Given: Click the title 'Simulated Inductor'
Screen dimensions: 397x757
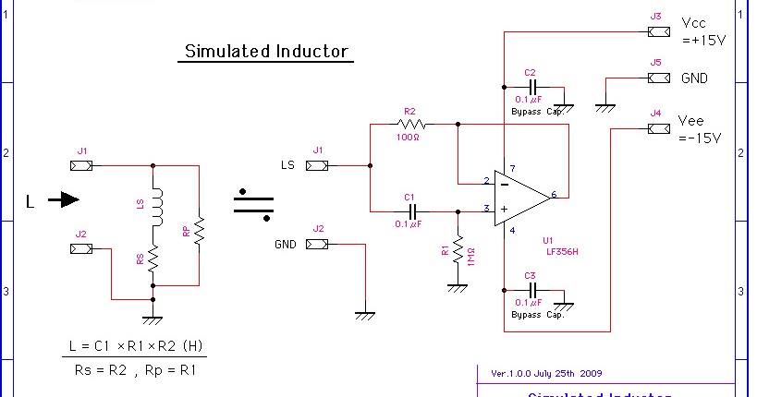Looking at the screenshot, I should coord(264,52).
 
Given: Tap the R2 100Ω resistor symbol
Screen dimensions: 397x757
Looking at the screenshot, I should coord(410,124).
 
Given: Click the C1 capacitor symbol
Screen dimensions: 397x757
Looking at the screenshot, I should coord(409,210).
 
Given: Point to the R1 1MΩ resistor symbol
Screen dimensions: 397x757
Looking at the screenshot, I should coord(456,249).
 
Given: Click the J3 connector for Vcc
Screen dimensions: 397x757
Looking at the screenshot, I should coord(658,31).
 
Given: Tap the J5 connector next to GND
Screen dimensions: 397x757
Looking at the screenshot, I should coord(658,78).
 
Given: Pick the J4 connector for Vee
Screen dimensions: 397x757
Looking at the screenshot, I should coord(658,127).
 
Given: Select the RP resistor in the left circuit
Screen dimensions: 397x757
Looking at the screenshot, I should coord(199,230).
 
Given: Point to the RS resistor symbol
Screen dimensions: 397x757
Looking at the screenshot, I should coord(154,258).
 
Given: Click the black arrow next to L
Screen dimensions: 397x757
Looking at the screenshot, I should coord(63,198).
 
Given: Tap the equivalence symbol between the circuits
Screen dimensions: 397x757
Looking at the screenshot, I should coord(253,205).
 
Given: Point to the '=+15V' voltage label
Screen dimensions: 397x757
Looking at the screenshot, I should coord(703,41).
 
